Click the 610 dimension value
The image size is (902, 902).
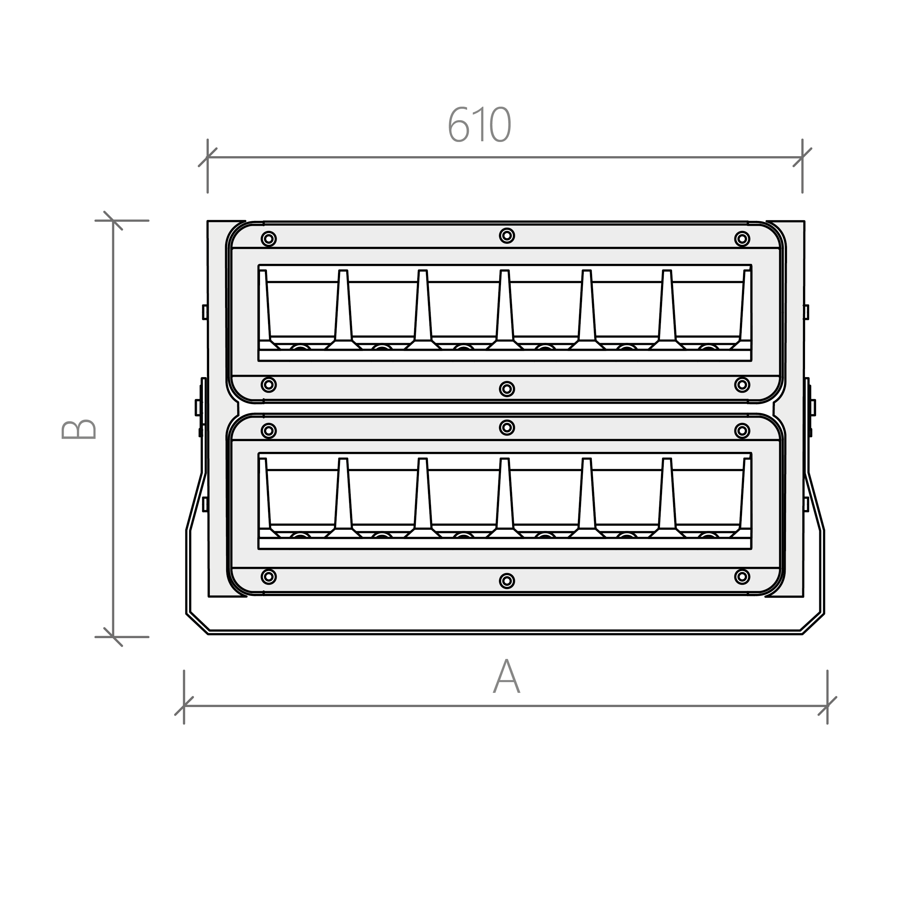480,125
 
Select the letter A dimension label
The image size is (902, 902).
507,677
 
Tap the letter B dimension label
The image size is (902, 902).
79,429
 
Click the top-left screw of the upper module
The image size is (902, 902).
268,239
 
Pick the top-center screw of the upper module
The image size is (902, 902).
507,235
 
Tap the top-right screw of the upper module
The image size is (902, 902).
742,239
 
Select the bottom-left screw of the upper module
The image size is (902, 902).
268,385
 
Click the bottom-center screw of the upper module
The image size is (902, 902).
507,389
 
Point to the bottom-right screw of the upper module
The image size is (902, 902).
742,385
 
